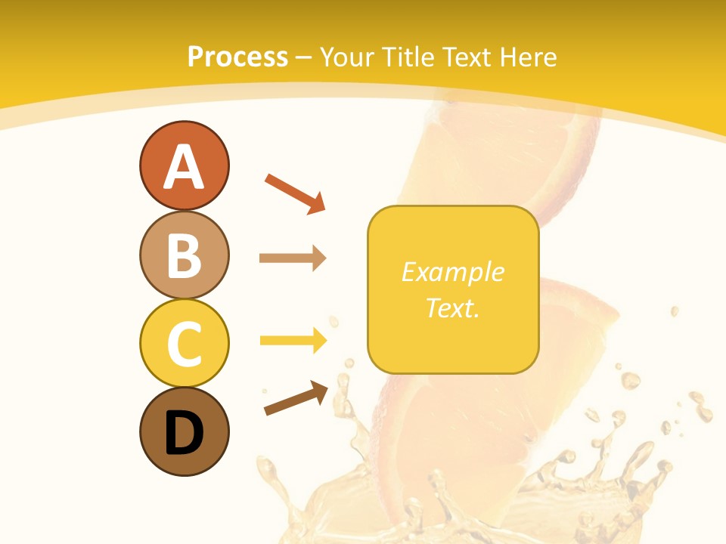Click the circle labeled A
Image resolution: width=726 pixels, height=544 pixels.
(184, 165)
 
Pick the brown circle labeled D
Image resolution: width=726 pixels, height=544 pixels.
(184, 431)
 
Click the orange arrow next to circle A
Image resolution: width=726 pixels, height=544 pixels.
(295, 193)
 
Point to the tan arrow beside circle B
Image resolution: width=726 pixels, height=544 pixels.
(293, 258)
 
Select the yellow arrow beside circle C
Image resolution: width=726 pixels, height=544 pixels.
(293, 341)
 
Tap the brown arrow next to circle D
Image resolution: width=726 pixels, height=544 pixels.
(296, 398)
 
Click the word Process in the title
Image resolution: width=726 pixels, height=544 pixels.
(237, 57)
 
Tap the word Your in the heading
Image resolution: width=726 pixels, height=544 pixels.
(348, 57)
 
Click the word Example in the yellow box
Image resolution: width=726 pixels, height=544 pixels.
(453, 272)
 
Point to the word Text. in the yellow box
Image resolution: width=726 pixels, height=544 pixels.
(453, 308)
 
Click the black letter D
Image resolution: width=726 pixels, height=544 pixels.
(184, 433)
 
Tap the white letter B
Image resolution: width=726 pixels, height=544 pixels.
(184, 255)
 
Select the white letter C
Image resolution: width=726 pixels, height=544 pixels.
(184, 343)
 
